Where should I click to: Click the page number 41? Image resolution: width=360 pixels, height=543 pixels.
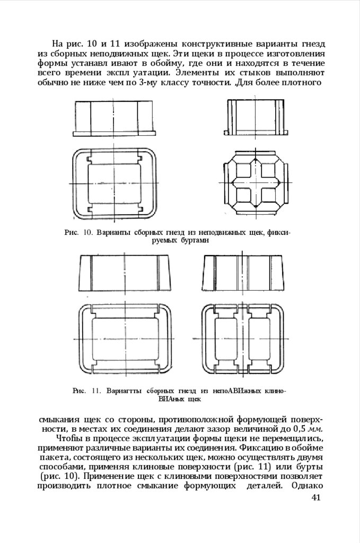coord(317,497)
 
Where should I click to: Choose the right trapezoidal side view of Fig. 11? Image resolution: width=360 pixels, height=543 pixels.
coord(243,272)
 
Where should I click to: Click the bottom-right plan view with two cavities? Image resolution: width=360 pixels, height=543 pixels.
coord(243,337)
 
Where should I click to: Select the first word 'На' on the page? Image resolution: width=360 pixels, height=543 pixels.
coord(57,44)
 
